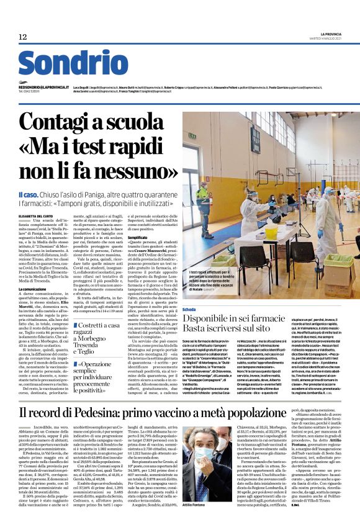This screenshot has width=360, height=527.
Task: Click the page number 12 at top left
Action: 23,37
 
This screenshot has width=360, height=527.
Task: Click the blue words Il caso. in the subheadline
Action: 28,194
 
